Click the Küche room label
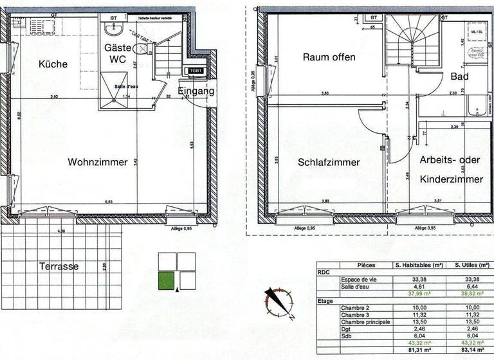(x=53, y=64)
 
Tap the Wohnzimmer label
(x=97, y=162)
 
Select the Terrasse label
(x=59, y=266)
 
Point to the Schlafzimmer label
(x=329, y=162)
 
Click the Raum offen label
(x=329, y=57)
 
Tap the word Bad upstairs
(x=459, y=76)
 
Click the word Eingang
(x=196, y=91)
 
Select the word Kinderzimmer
(x=450, y=179)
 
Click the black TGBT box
(x=194, y=71)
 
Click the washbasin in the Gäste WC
(x=114, y=30)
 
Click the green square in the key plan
(x=166, y=281)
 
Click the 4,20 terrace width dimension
(x=62, y=231)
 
